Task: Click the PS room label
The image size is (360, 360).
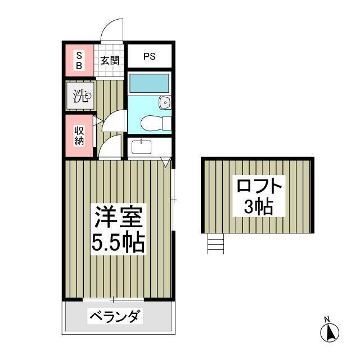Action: point(149,56)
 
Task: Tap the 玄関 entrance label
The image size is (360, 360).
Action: point(110,60)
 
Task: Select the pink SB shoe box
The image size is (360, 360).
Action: point(79,60)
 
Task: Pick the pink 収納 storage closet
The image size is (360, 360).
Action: point(79,135)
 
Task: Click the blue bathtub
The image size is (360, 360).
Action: point(148,83)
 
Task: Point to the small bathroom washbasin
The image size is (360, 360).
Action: point(165,102)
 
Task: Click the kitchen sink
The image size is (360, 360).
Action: point(141,147)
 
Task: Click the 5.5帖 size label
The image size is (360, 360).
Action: point(119,242)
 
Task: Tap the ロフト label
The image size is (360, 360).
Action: point(258,186)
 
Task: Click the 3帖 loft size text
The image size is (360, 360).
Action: point(258,208)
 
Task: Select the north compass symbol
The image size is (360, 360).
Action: point(330,333)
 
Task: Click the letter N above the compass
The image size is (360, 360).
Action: point(326,319)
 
